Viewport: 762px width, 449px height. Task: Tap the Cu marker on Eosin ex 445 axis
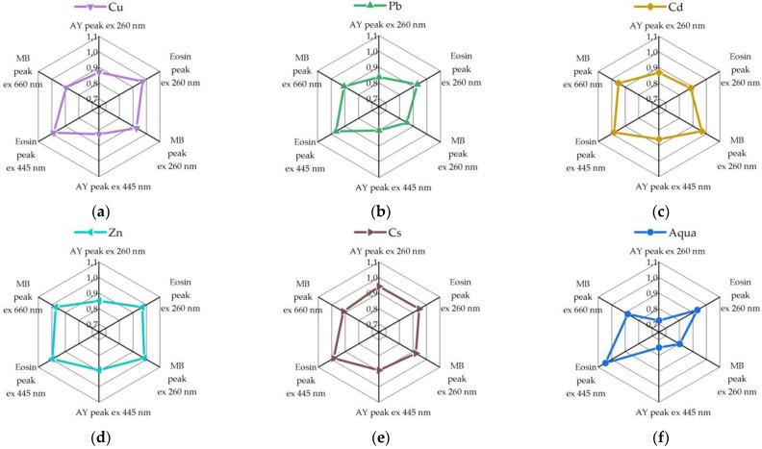click(53, 133)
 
